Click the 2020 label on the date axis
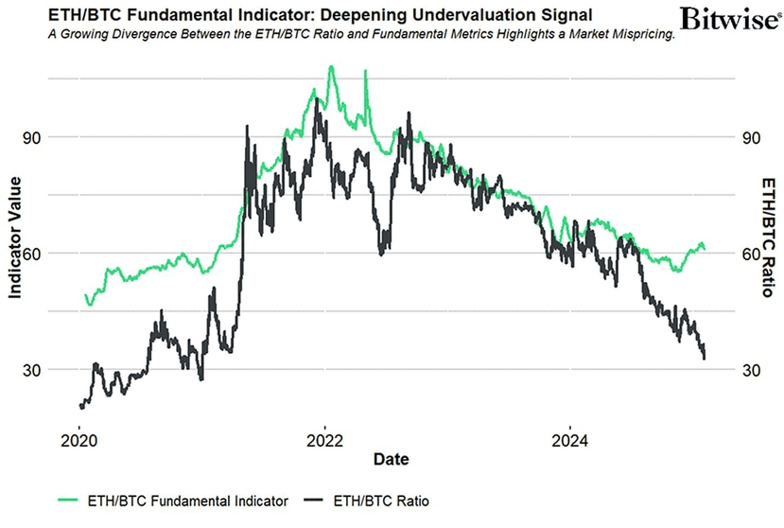79,440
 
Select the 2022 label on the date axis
324,440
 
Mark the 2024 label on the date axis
569,440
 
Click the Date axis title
391,460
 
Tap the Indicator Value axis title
14,245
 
